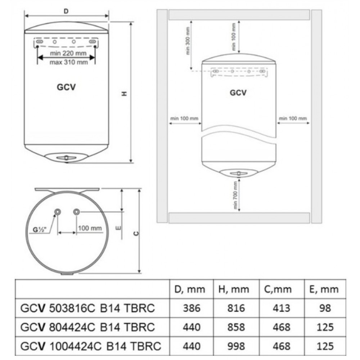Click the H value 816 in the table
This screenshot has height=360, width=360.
[236, 308]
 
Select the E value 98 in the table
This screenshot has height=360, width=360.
[325, 308]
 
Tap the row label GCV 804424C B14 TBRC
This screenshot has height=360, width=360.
[87, 327]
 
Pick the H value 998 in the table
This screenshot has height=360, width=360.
[236, 346]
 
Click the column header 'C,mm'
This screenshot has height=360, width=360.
[278, 289]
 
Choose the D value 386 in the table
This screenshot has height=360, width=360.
[192, 308]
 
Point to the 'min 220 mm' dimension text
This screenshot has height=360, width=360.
[68, 53]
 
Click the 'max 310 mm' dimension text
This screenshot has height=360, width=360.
[69, 62]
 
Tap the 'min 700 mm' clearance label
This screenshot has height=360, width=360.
[235, 195]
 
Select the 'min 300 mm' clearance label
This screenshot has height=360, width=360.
[188, 41]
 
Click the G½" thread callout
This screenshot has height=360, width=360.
[40, 229]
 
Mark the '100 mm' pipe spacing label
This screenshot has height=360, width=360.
[90, 228]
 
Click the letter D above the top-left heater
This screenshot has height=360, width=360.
[66, 11]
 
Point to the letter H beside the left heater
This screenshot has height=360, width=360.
[124, 94]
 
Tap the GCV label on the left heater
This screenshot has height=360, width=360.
[66, 87]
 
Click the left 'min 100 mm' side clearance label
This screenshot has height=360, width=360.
[184, 118]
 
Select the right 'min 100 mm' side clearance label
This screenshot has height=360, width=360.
[293, 118]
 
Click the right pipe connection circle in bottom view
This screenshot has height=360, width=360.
[76, 212]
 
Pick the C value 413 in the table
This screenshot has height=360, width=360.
[281, 308]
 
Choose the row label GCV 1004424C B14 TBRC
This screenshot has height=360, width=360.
[91, 346]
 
